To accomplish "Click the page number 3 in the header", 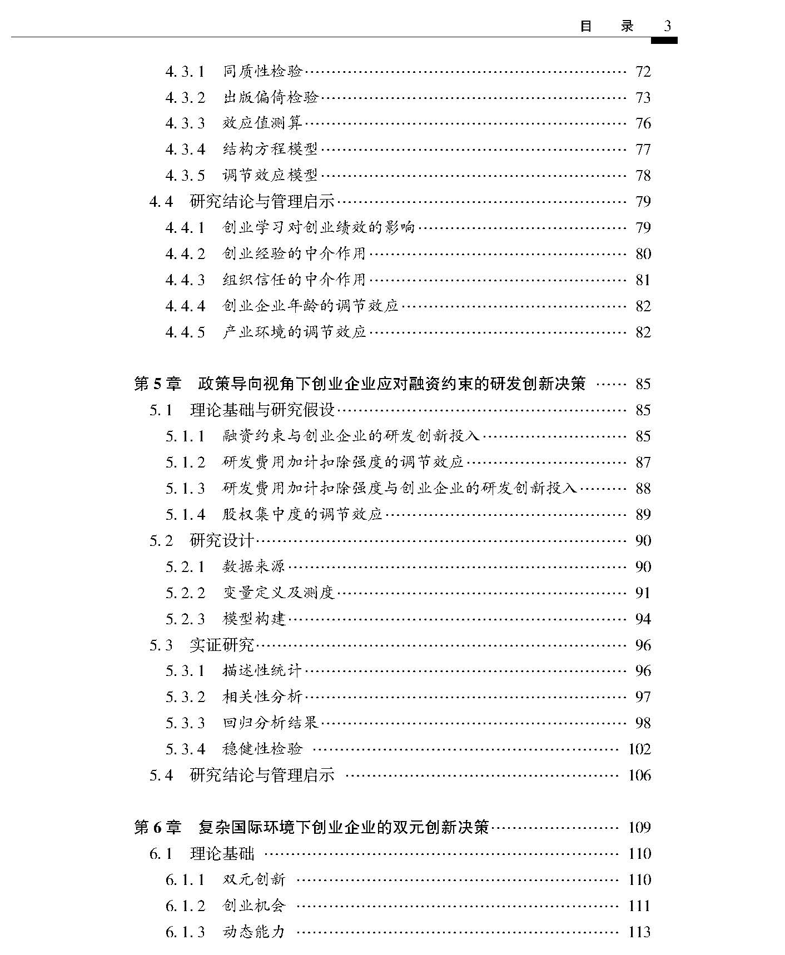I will (x=668, y=26).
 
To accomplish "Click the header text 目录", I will (x=607, y=26).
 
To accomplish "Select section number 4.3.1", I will (x=185, y=72).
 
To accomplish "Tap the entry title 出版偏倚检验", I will (x=270, y=97).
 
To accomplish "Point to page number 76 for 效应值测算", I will (x=643, y=123).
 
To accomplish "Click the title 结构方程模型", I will (x=270, y=149).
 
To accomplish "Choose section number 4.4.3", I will (x=185, y=280).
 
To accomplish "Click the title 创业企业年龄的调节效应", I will (x=310, y=306).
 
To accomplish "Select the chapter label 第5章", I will (x=157, y=384).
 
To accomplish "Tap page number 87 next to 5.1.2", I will (x=643, y=462).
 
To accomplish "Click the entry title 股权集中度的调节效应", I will (x=302, y=514).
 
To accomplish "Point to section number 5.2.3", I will (x=185, y=619).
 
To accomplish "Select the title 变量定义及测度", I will (x=279, y=593).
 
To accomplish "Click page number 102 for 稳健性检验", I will (x=639, y=749).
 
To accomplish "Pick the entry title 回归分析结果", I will (x=270, y=723).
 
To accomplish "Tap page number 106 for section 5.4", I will (x=639, y=775).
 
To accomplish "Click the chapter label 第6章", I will (x=157, y=827).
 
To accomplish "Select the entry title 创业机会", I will (x=254, y=906).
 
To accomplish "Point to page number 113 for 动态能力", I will (x=639, y=932).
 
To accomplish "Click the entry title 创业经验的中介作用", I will (x=294, y=253).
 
